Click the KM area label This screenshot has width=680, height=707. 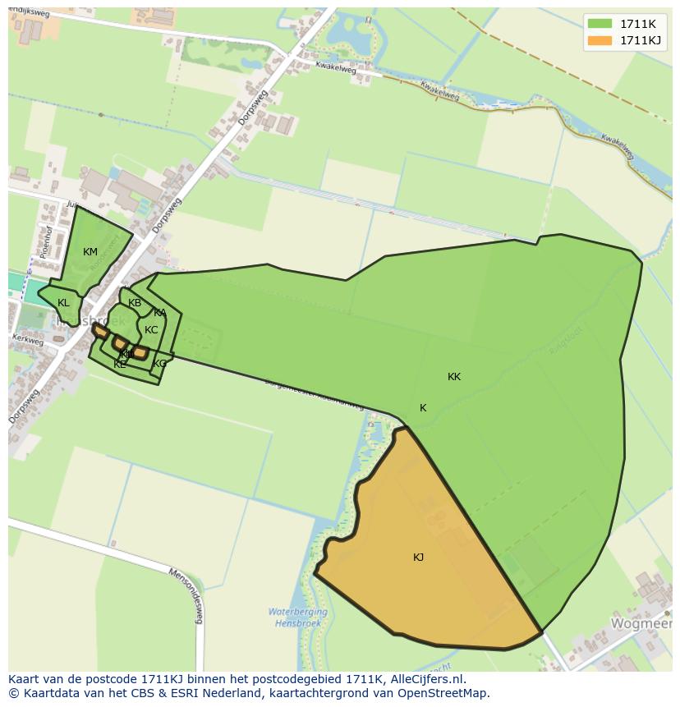pyautogui.click(x=90, y=252)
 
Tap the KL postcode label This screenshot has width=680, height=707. pyautogui.click(x=63, y=303)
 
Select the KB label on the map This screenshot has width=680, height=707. pyautogui.click(x=135, y=303)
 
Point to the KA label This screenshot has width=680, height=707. pyautogui.click(x=159, y=313)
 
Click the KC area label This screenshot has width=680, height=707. pyautogui.click(x=151, y=330)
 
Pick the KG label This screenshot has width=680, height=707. pyautogui.click(x=159, y=364)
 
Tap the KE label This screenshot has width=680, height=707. pyautogui.click(x=120, y=364)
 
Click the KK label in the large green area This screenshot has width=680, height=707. pyautogui.click(x=454, y=377)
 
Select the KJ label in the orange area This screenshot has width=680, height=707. pyautogui.click(x=418, y=558)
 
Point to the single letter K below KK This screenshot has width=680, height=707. pyautogui.click(x=423, y=408)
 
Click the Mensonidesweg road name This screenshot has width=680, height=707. pyautogui.click(x=185, y=595)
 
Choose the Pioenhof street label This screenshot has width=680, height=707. pyautogui.click(x=47, y=242)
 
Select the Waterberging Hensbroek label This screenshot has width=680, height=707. pyautogui.click(x=297, y=617)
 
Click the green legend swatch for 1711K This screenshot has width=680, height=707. pyautogui.click(x=600, y=23)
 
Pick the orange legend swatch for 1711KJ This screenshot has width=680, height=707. pyautogui.click(x=600, y=40)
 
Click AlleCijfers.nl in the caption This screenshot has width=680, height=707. pyautogui.click(x=427, y=679)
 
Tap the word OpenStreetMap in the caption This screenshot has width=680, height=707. pyautogui.click(x=445, y=693)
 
